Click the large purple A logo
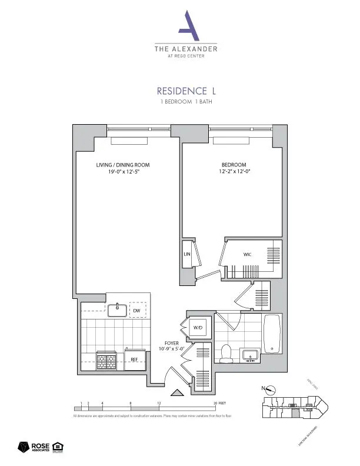186,26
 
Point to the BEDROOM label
234,165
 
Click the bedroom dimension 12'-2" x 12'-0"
234,172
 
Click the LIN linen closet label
187,254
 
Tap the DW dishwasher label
136,310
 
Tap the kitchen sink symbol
118,309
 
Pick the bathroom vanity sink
251,356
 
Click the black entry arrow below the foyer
176,392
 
